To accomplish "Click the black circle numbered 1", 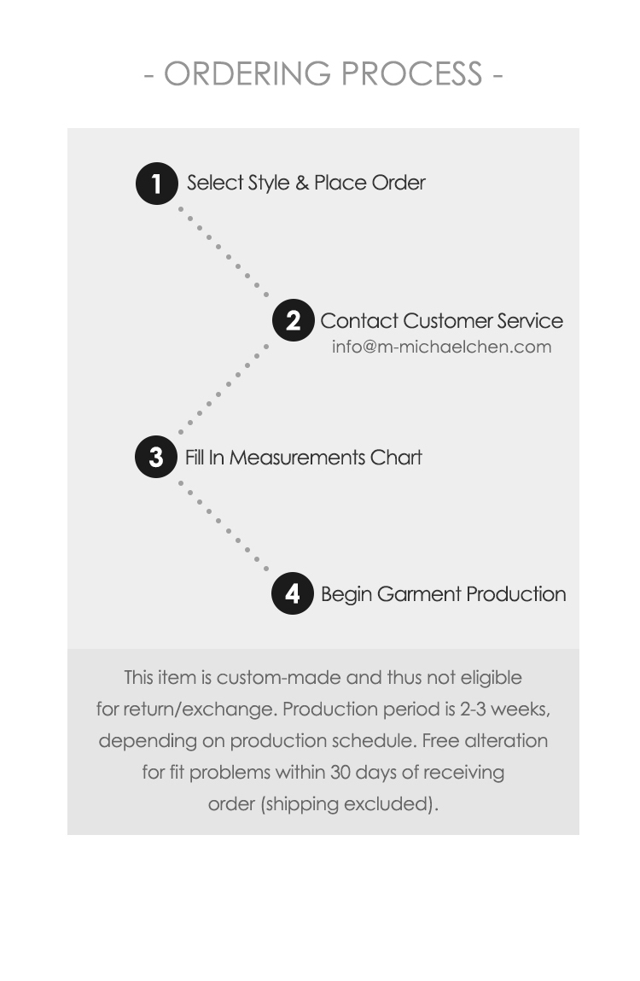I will [157, 184].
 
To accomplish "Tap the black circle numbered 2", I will [293, 321].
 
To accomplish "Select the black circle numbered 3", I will [156, 457].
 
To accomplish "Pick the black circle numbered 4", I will [293, 593].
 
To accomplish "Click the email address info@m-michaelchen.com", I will [441, 347].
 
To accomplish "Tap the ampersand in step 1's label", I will [302, 183].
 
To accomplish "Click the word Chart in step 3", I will [396, 458].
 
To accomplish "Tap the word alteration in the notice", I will [506, 741].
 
